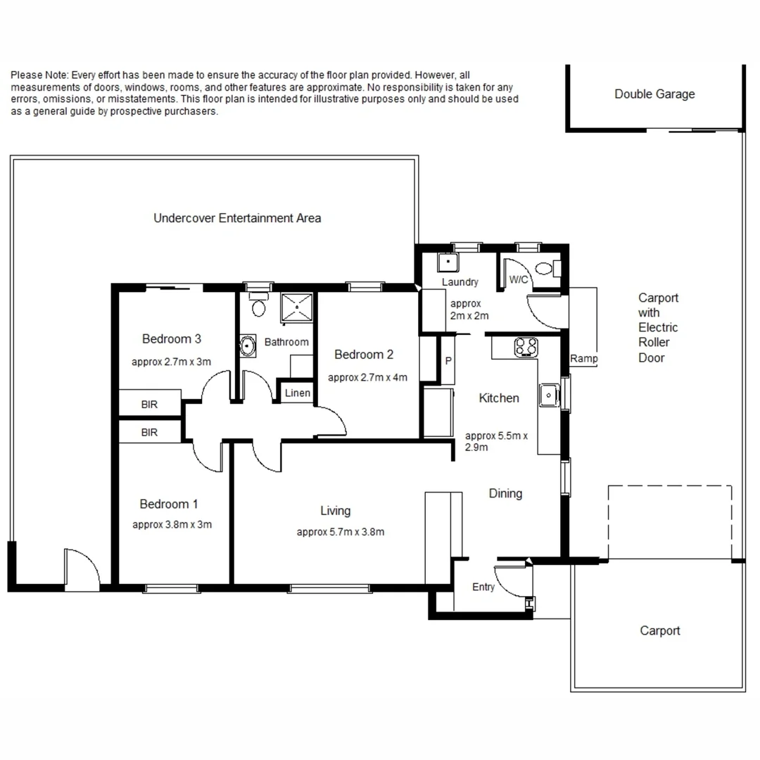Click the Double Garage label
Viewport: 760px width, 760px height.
pyautogui.click(x=654, y=94)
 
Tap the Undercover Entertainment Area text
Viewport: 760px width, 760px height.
pyautogui.click(x=237, y=218)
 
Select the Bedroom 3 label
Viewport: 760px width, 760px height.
pyautogui.click(x=172, y=339)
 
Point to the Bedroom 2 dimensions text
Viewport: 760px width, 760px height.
pyautogui.click(x=367, y=377)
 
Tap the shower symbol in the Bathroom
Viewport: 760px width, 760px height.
pyautogui.click(x=299, y=306)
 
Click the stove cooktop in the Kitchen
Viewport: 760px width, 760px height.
pyautogui.click(x=526, y=346)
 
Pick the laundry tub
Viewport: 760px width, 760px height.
pyautogui.click(x=446, y=263)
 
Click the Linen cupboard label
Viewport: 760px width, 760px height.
pyautogui.click(x=298, y=393)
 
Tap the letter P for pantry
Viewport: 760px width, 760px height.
pyautogui.click(x=448, y=361)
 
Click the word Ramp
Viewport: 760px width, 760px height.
pyautogui.click(x=583, y=359)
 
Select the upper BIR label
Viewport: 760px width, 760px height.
pyautogui.click(x=149, y=405)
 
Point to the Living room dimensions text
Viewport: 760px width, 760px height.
pyautogui.click(x=341, y=532)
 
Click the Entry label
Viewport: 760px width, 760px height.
pyautogui.click(x=483, y=587)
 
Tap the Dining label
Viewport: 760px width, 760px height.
pyautogui.click(x=505, y=493)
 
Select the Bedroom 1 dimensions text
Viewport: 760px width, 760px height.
pyautogui.click(x=172, y=524)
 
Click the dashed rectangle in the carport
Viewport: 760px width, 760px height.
pyautogui.click(x=669, y=521)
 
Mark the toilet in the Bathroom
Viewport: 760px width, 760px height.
pyautogui.click(x=258, y=305)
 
